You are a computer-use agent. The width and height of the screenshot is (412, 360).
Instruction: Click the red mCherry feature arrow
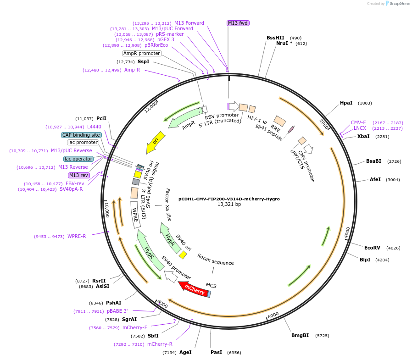(x=194, y=289)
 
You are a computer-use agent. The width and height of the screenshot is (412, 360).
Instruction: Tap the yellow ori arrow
(x=155, y=143)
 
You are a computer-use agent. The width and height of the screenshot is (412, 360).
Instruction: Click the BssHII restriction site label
(x=275, y=38)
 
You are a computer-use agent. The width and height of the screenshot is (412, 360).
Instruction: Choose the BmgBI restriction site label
(x=300, y=335)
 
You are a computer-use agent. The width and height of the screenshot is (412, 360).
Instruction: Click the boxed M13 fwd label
(x=238, y=23)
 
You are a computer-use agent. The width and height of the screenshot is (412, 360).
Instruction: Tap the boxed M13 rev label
(x=78, y=175)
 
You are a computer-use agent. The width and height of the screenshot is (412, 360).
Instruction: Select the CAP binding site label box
(x=81, y=135)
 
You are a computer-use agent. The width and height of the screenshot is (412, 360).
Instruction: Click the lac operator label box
(x=78, y=159)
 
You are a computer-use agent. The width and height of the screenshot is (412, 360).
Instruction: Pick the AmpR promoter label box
(x=142, y=53)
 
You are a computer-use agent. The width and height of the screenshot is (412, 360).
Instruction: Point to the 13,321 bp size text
(x=229, y=205)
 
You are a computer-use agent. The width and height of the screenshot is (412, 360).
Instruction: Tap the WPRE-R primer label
(x=77, y=236)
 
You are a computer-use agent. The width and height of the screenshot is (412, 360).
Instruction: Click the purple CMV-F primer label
(x=358, y=122)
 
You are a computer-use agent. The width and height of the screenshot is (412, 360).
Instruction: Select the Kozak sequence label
(x=216, y=259)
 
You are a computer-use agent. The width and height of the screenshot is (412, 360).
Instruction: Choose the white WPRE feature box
(x=135, y=214)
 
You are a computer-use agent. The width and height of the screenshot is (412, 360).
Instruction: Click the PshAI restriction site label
(x=113, y=303)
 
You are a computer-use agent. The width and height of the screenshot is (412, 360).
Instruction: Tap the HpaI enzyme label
(x=346, y=103)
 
